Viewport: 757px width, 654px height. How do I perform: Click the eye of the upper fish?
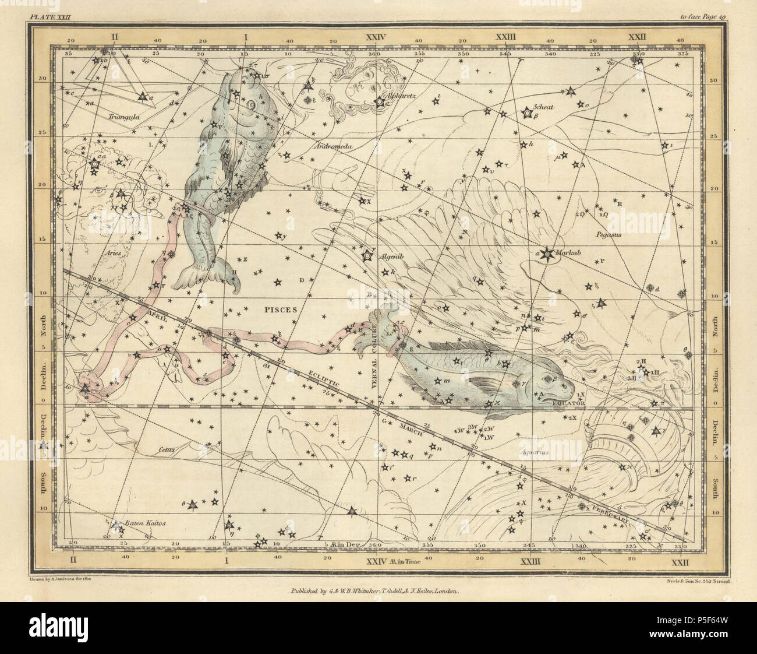(250, 105)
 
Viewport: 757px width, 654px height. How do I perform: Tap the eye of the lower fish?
(550, 380)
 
